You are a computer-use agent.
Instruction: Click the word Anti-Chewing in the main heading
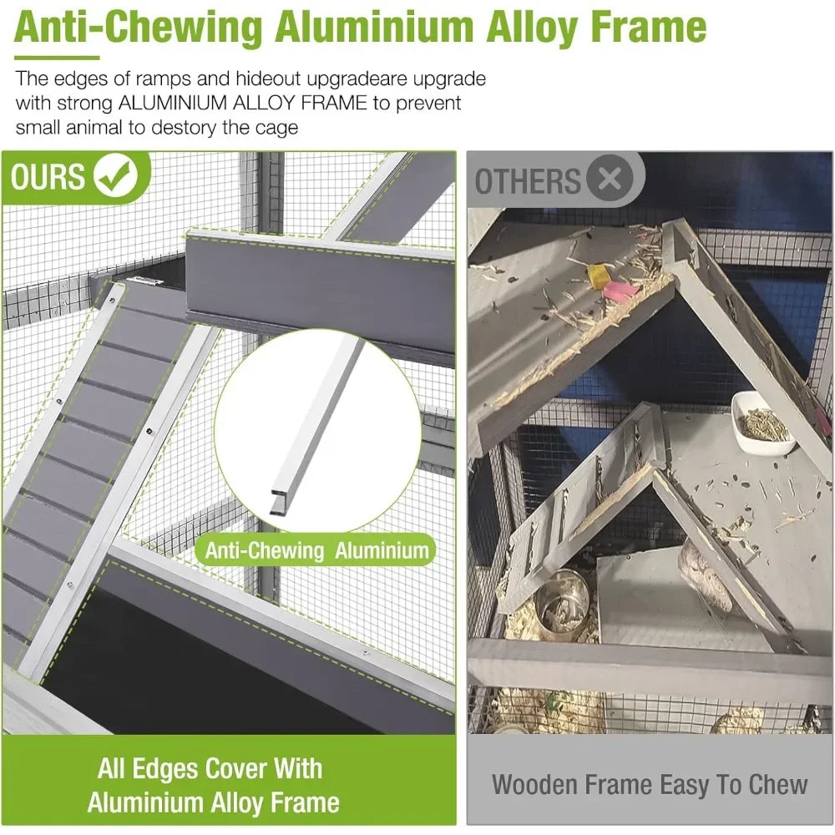pyautogui.click(x=139, y=28)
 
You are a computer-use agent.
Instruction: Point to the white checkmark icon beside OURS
pyautogui.click(x=116, y=175)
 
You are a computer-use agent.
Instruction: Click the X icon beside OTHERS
pyautogui.click(x=610, y=178)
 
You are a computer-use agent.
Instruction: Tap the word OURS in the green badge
pyautogui.click(x=48, y=176)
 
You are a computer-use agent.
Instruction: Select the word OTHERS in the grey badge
pyautogui.click(x=527, y=181)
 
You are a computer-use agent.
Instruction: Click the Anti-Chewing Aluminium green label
pyautogui.click(x=316, y=550)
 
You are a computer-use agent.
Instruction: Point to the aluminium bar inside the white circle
pyautogui.click(x=316, y=426)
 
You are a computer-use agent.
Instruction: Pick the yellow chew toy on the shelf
pyautogui.click(x=598, y=276)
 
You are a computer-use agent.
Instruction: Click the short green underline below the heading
pyautogui.click(x=57, y=58)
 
